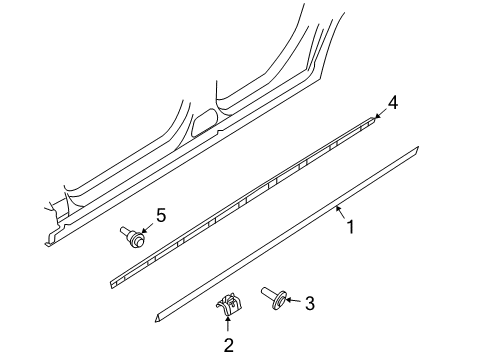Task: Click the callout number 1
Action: [x=350, y=227]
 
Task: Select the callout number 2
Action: [x=228, y=345]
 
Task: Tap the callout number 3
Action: [x=310, y=303]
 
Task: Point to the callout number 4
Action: [x=393, y=103]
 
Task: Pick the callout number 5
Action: [x=161, y=215]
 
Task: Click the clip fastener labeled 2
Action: [x=229, y=304]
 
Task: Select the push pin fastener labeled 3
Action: [x=274, y=298]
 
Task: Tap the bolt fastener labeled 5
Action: [x=133, y=237]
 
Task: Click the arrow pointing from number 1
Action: [x=340, y=213]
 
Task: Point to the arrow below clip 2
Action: [x=228, y=324]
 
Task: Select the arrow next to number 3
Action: [x=294, y=300]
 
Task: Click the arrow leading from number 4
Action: [x=380, y=113]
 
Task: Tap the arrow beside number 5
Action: [x=148, y=228]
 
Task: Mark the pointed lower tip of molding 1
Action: [x=156, y=321]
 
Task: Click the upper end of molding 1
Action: [x=417, y=150]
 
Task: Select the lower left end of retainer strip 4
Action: [x=112, y=285]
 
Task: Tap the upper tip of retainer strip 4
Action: [x=372, y=118]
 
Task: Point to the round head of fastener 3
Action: [x=281, y=301]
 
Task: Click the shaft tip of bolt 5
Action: [x=121, y=229]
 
